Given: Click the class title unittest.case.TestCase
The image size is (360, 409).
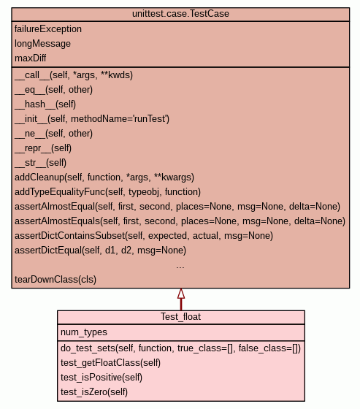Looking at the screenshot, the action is tap(180, 14).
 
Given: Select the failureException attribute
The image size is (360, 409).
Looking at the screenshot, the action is tap(48, 29).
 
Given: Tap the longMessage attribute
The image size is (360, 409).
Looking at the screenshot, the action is tap(42, 44).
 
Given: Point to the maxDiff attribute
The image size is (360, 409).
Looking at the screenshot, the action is tap(30, 58).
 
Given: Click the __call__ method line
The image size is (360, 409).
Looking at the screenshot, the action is tap(74, 75).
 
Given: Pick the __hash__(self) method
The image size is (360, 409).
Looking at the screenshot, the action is tap(45, 104).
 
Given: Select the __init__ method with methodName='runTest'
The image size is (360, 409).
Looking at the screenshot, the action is tap(92, 119).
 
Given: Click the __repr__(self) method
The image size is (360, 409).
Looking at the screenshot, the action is tap(43, 148).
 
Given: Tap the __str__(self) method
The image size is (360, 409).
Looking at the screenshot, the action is tap(40, 163).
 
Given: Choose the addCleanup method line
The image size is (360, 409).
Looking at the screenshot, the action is tap(104, 177).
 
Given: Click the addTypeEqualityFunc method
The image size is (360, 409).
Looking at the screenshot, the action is tap(108, 192).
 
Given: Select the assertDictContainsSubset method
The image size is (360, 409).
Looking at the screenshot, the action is tap(144, 236).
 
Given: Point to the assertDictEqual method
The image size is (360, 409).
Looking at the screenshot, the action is tap(101, 251).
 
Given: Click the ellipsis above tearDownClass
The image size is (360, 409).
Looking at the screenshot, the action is tap(180, 267).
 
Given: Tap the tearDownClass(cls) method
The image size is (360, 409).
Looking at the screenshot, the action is tap(55, 280).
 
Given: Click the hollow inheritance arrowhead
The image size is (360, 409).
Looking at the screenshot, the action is tap(181, 294).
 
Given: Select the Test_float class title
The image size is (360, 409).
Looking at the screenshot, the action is tap(180, 317).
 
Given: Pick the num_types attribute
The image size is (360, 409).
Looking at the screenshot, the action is tap(84, 332).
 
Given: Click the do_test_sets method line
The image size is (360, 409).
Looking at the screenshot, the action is tap(180, 348).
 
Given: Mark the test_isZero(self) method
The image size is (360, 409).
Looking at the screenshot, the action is tap(94, 392).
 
